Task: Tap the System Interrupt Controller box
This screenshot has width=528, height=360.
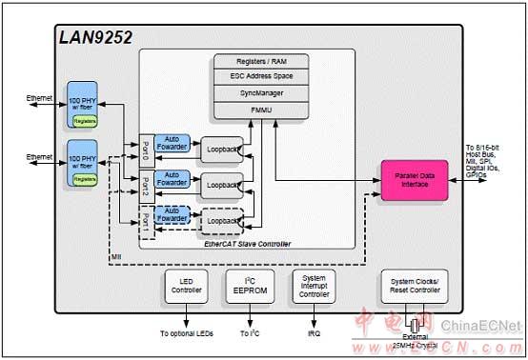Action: tap(314, 287)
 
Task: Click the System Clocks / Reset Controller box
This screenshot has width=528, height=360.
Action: tap(414, 286)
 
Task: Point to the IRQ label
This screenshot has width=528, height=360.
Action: tap(314, 332)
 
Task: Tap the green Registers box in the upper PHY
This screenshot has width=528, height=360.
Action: tap(85, 120)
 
